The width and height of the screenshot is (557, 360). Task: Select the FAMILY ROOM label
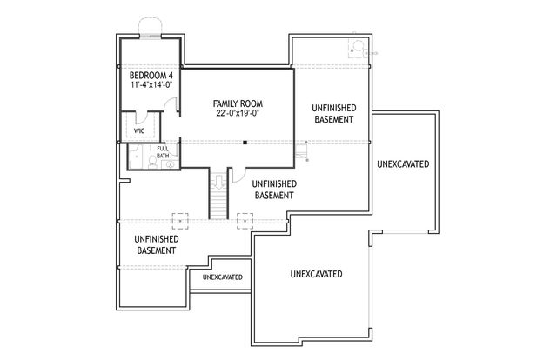tap(238, 103)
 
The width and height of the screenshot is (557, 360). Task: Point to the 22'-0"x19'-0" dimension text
tap(238, 114)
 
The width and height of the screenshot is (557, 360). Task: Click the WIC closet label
tap(139, 130)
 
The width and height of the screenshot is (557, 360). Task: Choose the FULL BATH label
tap(163, 153)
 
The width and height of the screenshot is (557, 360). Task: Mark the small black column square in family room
tap(245, 142)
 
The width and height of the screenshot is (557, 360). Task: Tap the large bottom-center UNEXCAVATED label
tap(316, 274)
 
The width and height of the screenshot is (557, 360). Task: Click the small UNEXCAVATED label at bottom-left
tap(222, 277)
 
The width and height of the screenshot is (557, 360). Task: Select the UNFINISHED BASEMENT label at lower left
tap(157, 244)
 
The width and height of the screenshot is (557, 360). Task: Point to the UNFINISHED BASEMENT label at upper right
tap(333, 113)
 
